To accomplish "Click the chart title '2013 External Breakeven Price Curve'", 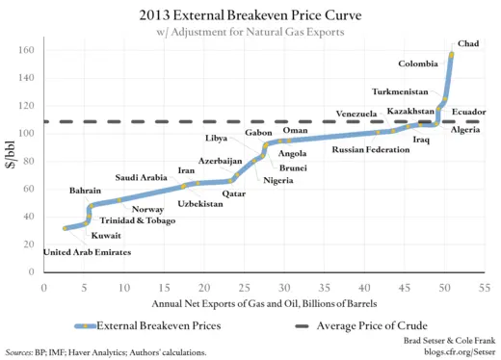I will point(250,14).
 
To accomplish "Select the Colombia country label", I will point(420,64).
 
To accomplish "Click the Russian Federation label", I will point(372,149).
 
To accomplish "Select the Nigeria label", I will point(278,181).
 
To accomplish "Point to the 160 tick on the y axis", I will point(29,50).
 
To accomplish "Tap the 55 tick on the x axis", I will point(484,287).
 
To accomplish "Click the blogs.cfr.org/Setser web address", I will point(452,352).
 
